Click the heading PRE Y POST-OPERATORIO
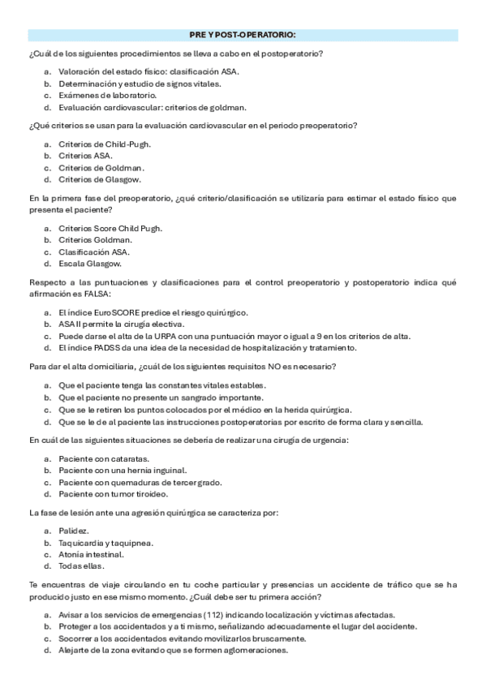tap(243, 36)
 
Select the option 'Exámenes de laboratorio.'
tap(96, 95)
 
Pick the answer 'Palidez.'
tap(74, 531)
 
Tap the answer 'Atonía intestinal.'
tap(91, 554)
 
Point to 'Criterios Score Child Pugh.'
tap(110, 228)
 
